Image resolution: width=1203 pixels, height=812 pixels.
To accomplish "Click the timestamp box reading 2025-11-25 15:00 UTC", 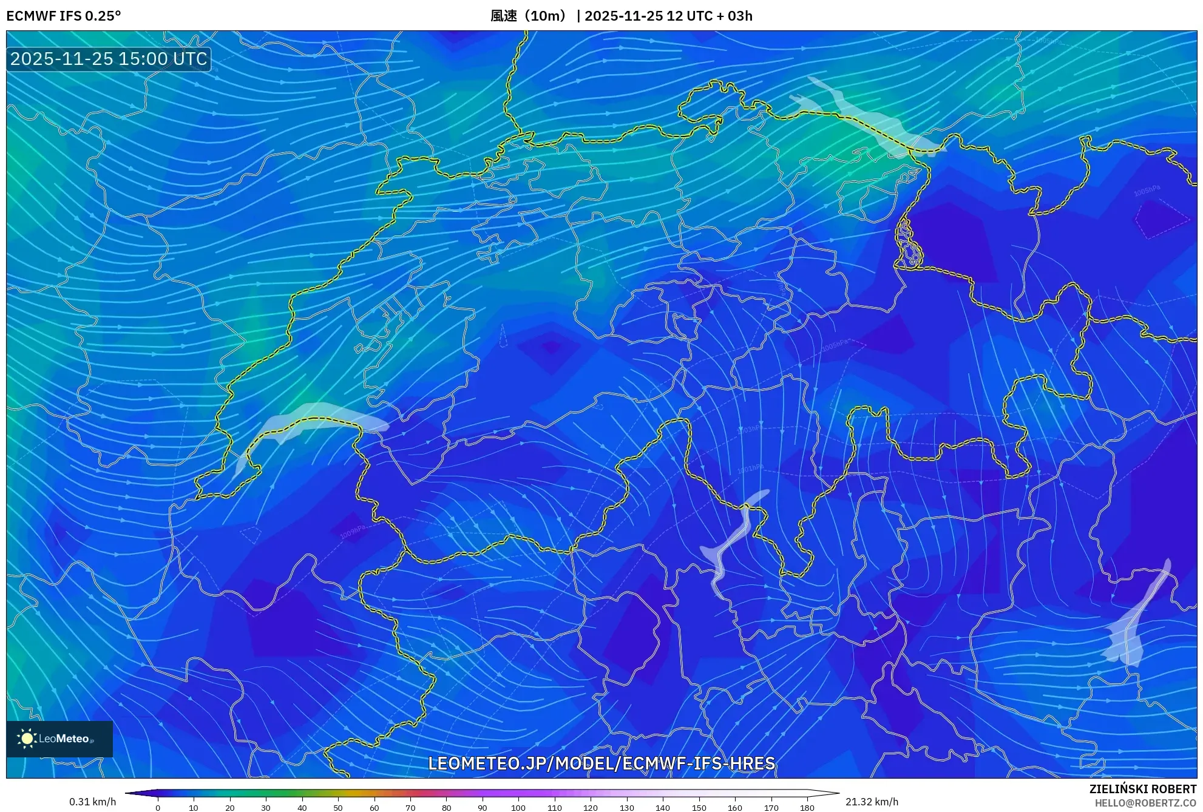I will coord(109,59).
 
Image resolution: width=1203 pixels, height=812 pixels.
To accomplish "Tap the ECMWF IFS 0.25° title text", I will coord(64,16).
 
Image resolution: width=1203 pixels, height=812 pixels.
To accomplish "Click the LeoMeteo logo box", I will coord(59,739).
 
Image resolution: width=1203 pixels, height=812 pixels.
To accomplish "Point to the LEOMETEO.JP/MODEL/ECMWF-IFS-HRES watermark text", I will coord(601,763).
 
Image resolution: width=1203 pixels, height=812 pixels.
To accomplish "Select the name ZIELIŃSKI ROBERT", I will coord(1142,789).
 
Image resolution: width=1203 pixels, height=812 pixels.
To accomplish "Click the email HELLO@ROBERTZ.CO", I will coord(1145,803).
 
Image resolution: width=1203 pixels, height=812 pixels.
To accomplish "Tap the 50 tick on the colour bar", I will coord(338,807).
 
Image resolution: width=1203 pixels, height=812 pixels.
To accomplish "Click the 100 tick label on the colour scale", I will coord(518,807).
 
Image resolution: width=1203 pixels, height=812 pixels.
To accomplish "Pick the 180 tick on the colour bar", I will coord(807,807).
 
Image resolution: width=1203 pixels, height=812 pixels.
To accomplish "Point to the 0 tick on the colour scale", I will coord(158,807).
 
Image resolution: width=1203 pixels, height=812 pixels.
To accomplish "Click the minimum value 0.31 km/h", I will coord(92,802).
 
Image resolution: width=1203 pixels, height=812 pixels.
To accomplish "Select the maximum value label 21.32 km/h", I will coord(872,802).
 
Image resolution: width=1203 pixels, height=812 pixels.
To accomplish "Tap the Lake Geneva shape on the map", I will coord(316,419).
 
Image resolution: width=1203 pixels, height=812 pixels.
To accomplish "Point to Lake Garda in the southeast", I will coord(1132,625).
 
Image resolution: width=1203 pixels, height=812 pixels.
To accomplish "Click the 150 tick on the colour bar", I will coord(699,807).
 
